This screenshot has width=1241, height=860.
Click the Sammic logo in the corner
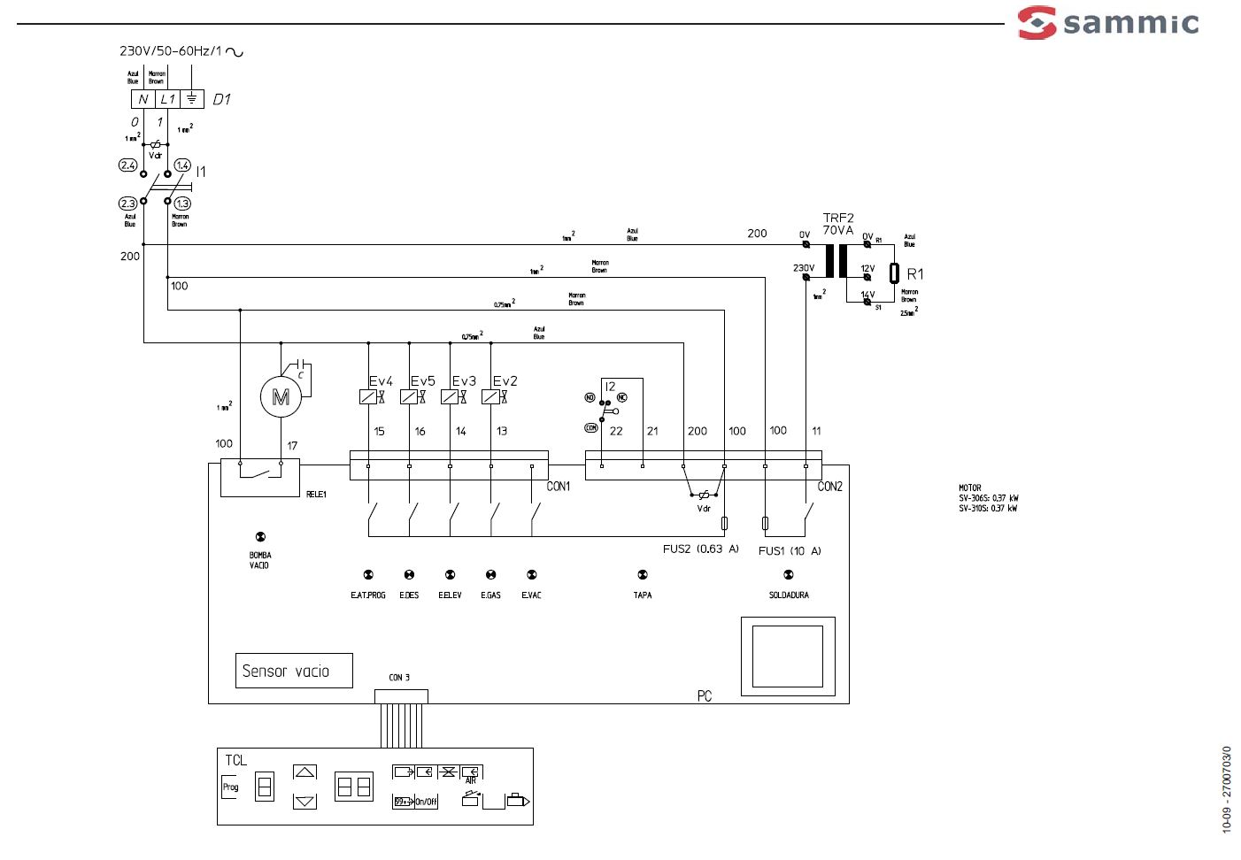(x=1108, y=23)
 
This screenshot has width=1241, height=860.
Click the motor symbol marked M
(x=281, y=397)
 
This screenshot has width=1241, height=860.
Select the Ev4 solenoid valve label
(x=381, y=381)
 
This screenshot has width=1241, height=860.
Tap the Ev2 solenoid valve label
(x=505, y=381)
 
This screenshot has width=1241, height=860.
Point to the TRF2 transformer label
(x=838, y=218)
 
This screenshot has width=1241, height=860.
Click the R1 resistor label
(x=915, y=274)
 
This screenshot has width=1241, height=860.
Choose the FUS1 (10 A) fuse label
(x=790, y=551)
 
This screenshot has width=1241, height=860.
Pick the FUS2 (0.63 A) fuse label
(x=700, y=549)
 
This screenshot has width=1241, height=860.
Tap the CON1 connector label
(x=559, y=487)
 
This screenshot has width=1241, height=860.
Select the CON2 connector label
(x=829, y=487)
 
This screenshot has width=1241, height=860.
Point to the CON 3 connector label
(x=399, y=678)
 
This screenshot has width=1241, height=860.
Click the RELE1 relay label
(x=316, y=495)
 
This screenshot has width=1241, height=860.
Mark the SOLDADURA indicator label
(x=789, y=595)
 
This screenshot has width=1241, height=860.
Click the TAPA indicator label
(x=643, y=595)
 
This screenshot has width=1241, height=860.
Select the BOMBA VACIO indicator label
(x=259, y=560)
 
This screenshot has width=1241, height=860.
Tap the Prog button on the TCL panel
(x=230, y=787)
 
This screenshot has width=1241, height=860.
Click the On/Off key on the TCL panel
(x=427, y=802)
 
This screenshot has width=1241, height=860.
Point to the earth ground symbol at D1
(x=192, y=99)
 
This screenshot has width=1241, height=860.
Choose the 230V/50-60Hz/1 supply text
(x=172, y=51)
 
